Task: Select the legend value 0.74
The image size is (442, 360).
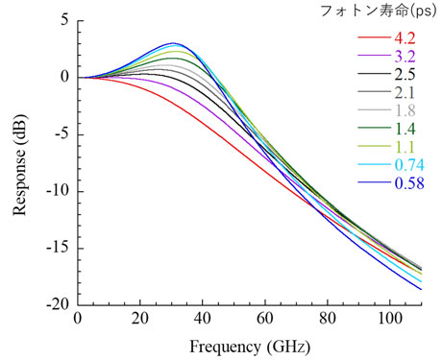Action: [410, 164]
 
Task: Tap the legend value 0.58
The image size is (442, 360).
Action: [410, 182]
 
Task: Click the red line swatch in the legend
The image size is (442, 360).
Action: [373, 38]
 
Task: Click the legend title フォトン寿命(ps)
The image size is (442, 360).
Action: [382, 11]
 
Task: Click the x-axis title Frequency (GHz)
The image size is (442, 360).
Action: [248, 344]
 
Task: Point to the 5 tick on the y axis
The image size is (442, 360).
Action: [63, 20]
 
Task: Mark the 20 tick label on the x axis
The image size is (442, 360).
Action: [140, 318]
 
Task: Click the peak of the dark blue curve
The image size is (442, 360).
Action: [173, 43]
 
